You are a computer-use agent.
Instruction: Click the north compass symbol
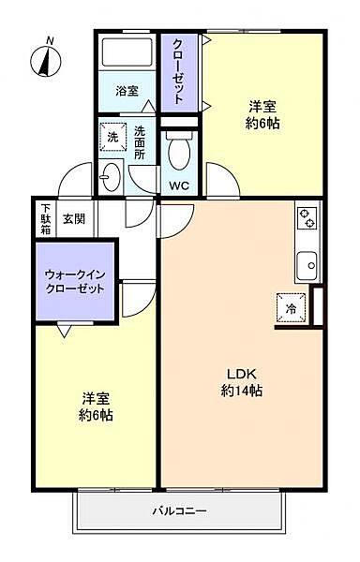pyautogui.click(x=46, y=60)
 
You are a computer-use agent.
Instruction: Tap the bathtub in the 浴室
pyautogui.click(x=127, y=52)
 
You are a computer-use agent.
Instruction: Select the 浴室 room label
pyautogui.click(x=127, y=91)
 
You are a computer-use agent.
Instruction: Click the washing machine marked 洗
pyautogui.click(x=112, y=138)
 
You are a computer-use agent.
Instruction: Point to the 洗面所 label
pyautogui.click(x=140, y=142)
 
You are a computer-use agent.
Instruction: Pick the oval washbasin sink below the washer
pyautogui.click(x=110, y=177)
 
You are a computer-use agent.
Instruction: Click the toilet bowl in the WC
pyautogui.click(x=179, y=151)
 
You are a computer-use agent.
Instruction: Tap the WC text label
pyautogui.click(x=179, y=185)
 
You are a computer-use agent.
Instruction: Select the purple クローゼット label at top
pyautogui.click(x=178, y=71)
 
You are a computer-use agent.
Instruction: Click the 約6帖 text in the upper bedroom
pyautogui.click(x=262, y=124)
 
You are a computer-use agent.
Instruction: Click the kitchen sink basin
pyautogui.click(x=307, y=266)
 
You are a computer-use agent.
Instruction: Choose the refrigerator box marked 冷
pyautogui.click(x=292, y=307)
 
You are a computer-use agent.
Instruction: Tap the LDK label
pyautogui.click(x=241, y=374)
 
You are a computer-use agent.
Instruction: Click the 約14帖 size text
pyautogui.click(x=241, y=391)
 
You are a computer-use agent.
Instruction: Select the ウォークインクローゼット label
pyautogui.click(x=75, y=282)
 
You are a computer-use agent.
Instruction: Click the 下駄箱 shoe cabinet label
pyautogui.click(x=46, y=218)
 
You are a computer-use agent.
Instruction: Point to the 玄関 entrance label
pyautogui.click(x=74, y=218)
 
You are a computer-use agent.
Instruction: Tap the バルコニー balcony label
pyautogui.click(x=180, y=510)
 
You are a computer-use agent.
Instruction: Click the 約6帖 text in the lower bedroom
pyautogui.click(x=97, y=415)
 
